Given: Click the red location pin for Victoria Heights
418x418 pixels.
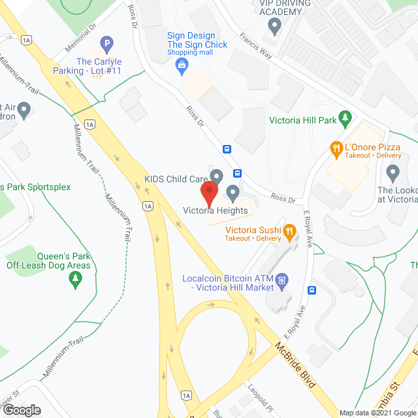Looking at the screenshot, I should tap(208, 193).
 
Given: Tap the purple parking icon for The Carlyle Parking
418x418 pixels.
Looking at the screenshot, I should tap(106, 46).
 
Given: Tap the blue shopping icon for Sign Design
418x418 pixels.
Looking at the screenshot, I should tap(181, 64).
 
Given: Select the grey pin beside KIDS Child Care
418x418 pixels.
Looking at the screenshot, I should tap(217, 176).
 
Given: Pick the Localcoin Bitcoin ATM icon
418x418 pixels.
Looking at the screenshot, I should tap(281, 282).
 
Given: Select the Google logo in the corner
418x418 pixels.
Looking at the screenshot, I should tap(21, 410).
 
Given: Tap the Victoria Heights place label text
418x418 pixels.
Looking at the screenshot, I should tap(215, 210).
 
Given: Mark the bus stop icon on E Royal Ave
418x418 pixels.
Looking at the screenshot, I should tap(312, 290).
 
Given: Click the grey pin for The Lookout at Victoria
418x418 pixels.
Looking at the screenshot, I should tap(393, 173).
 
